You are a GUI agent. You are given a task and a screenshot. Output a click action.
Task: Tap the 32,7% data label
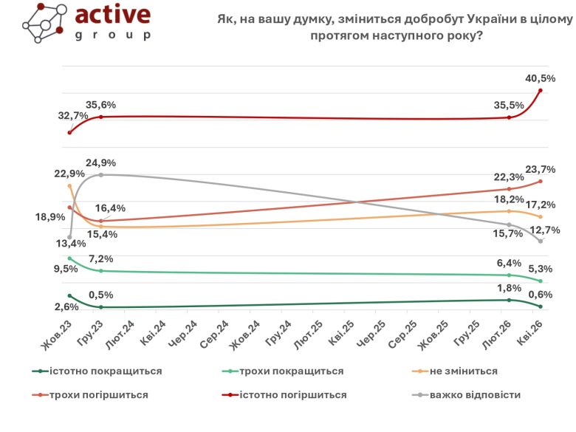tap(73, 116)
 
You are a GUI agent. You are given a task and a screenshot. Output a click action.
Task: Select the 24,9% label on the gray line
tap(100, 162)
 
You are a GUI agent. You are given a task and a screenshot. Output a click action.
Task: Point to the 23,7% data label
tap(540, 169)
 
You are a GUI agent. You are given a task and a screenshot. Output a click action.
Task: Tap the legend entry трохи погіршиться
tap(99, 395)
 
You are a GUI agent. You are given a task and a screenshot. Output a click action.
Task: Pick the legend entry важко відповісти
tap(478, 395)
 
